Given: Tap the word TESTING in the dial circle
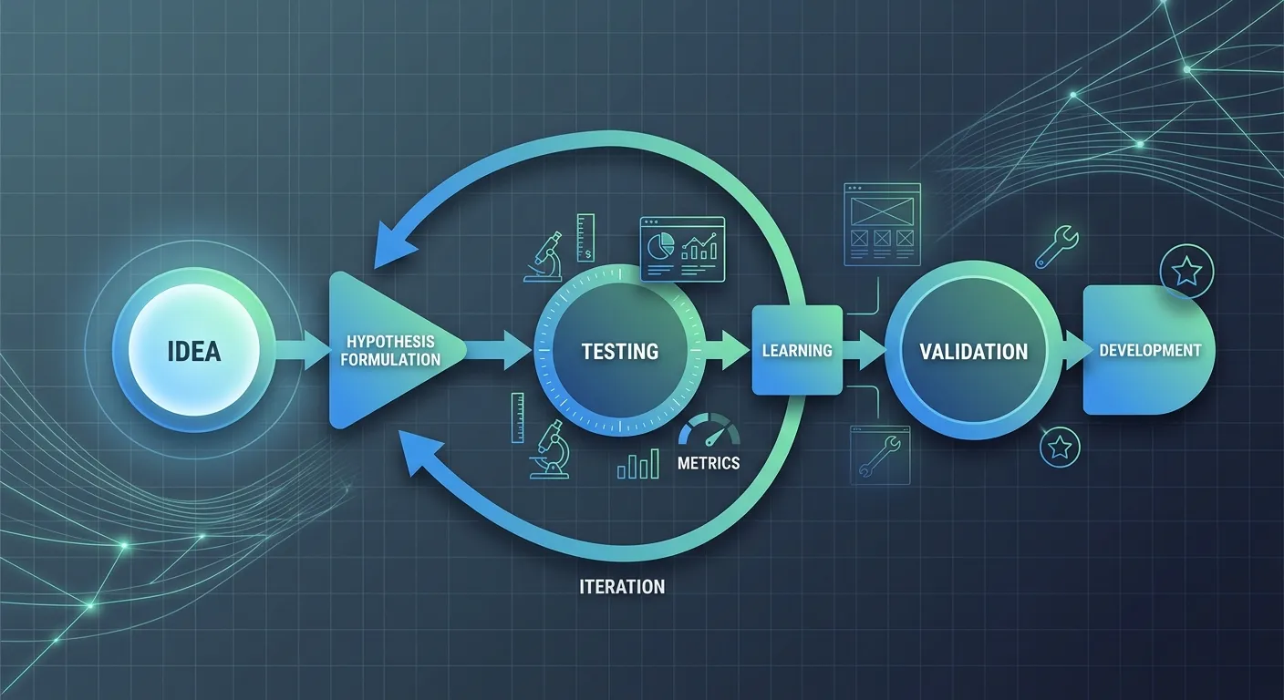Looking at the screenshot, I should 620,351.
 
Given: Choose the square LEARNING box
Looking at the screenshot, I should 797,350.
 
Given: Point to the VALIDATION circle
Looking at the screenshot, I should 973,351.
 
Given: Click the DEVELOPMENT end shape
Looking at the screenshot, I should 1148,350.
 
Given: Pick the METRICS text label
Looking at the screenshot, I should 709,463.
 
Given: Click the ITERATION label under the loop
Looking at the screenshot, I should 622,586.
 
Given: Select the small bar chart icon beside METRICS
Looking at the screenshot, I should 638,464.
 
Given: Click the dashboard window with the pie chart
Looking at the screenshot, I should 682,247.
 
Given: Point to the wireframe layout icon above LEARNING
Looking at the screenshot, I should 882,223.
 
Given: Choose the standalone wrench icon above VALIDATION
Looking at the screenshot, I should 1058,247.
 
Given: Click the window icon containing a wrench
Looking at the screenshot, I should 881,453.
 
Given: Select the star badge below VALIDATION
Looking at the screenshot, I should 1060,447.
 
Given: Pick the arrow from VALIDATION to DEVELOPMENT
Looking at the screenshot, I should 1076,351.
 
